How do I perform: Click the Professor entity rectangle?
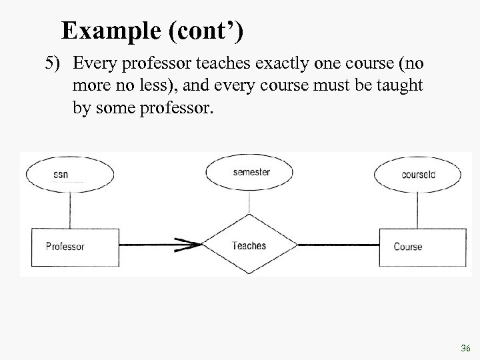pyautogui.click(x=65, y=246)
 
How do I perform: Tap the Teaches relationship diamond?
pyautogui.click(x=249, y=245)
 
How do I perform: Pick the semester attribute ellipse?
pyautogui.click(x=251, y=172)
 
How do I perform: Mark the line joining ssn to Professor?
pyautogui.click(x=67, y=211)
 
